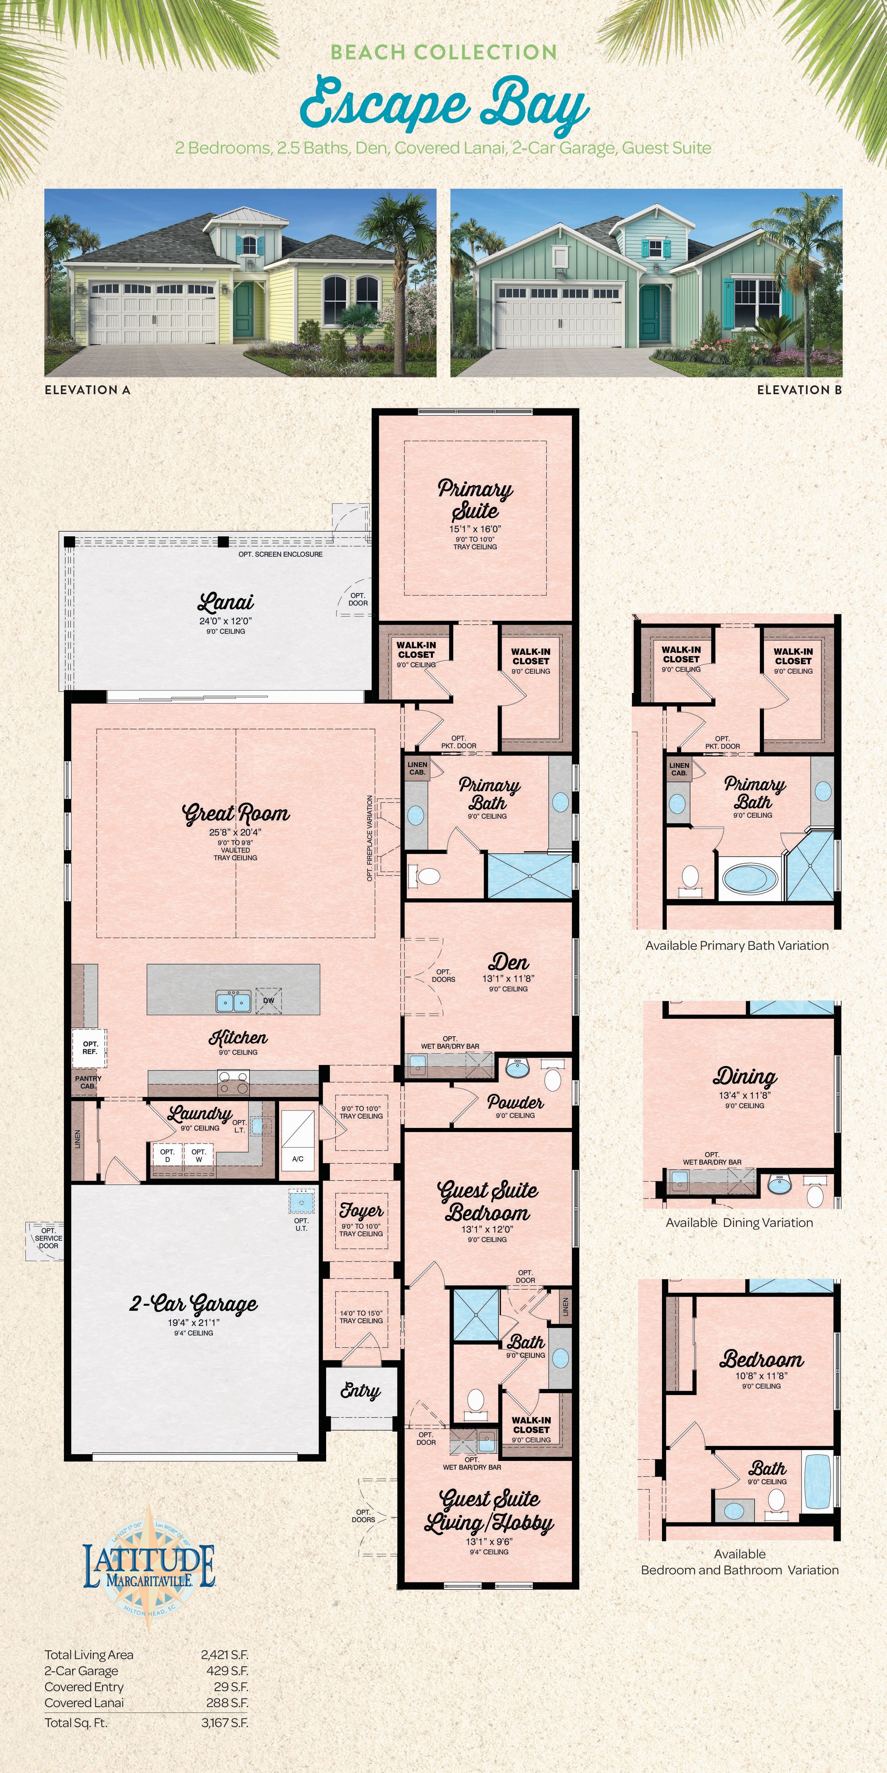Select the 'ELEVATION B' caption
(799, 389)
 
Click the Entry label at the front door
(360, 1391)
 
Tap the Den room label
(508, 962)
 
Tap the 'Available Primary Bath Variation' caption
(736, 946)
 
